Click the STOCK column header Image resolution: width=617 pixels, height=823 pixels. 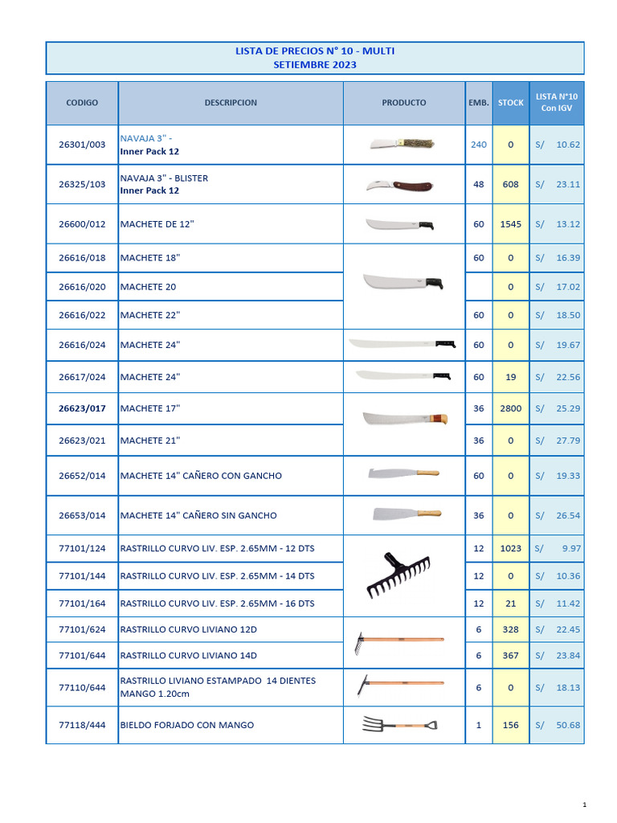(x=510, y=103)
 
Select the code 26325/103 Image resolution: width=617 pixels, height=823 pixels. (x=82, y=184)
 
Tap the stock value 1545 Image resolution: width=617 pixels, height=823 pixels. (x=510, y=224)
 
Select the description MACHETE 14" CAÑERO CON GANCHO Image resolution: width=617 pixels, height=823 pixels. (x=201, y=476)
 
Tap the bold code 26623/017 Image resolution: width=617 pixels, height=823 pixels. (x=82, y=408)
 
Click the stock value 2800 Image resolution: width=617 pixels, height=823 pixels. (x=510, y=408)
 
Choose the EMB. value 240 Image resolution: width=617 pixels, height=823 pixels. (x=479, y=145)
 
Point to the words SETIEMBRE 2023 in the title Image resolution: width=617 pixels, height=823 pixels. (x=315, y=65)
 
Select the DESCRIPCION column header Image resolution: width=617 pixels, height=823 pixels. (x=231, y=103)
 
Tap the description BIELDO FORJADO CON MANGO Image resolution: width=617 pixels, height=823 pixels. (x=186, y=725)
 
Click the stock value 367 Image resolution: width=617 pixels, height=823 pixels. (x=510, y=655)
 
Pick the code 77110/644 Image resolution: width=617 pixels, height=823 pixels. (x=82, y=687)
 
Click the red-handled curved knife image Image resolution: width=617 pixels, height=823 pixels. (x=399, y=185)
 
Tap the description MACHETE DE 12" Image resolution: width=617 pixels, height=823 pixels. (x=157, y=224)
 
